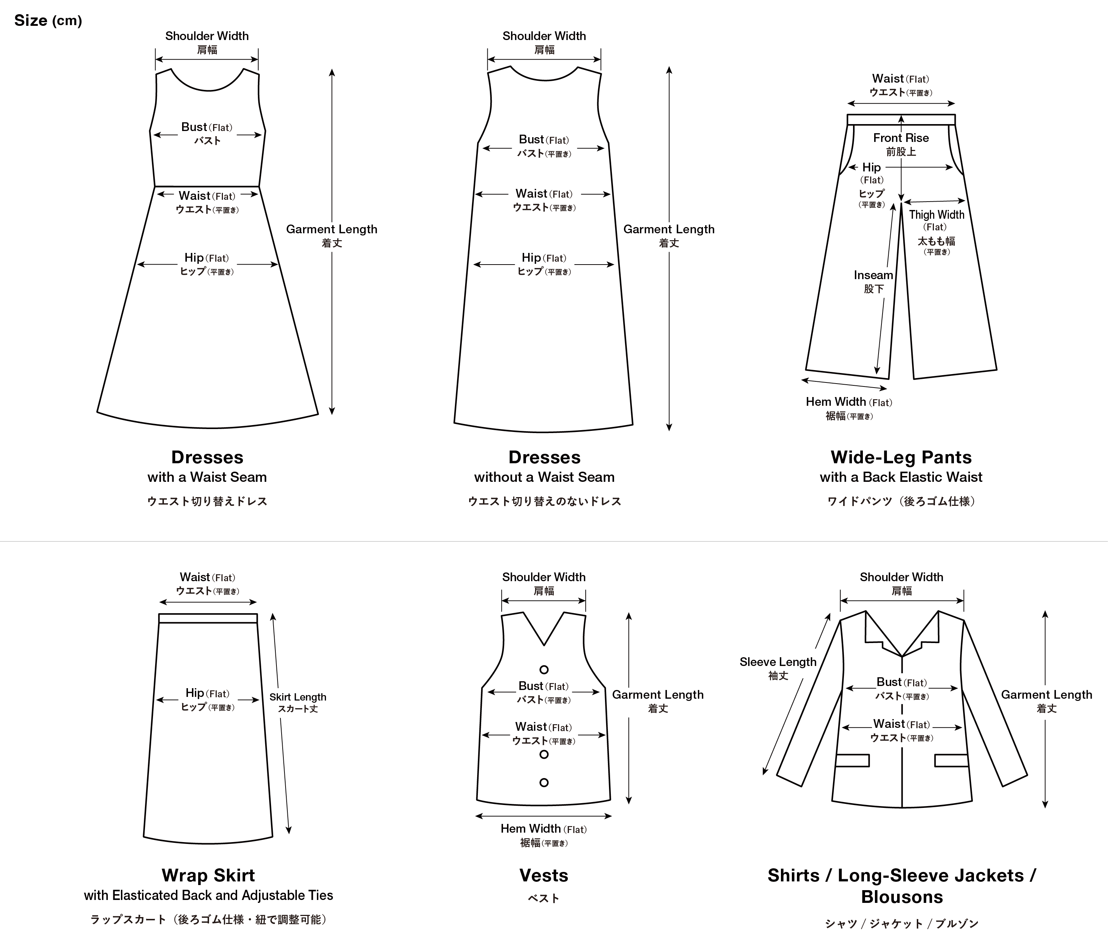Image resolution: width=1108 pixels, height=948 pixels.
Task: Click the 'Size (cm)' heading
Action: pos(48,21)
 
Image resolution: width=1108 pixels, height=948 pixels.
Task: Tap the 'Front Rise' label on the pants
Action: pos(901,138)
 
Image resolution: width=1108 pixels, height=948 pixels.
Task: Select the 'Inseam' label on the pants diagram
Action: pos(873,275)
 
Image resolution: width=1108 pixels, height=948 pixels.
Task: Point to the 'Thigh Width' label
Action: pos(936,215)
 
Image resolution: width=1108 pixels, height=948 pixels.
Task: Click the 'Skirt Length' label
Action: pos(298,697)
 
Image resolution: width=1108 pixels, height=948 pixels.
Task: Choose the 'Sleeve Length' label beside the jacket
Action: pos(778,662)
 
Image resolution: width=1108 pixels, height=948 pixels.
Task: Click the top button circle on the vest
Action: pos(544,670)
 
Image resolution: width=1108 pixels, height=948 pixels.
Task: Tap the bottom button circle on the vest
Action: pos(544,782)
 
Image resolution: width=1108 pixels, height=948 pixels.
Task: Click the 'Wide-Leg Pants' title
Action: pos(901,457)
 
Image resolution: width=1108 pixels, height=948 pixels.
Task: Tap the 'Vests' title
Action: pos(544,875)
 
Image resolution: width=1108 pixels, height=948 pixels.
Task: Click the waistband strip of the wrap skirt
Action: pos(208,618)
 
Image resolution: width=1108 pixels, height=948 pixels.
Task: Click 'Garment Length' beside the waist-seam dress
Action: pos(331,229)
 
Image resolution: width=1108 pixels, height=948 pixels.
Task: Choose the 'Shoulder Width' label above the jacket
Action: pos(901,577)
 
